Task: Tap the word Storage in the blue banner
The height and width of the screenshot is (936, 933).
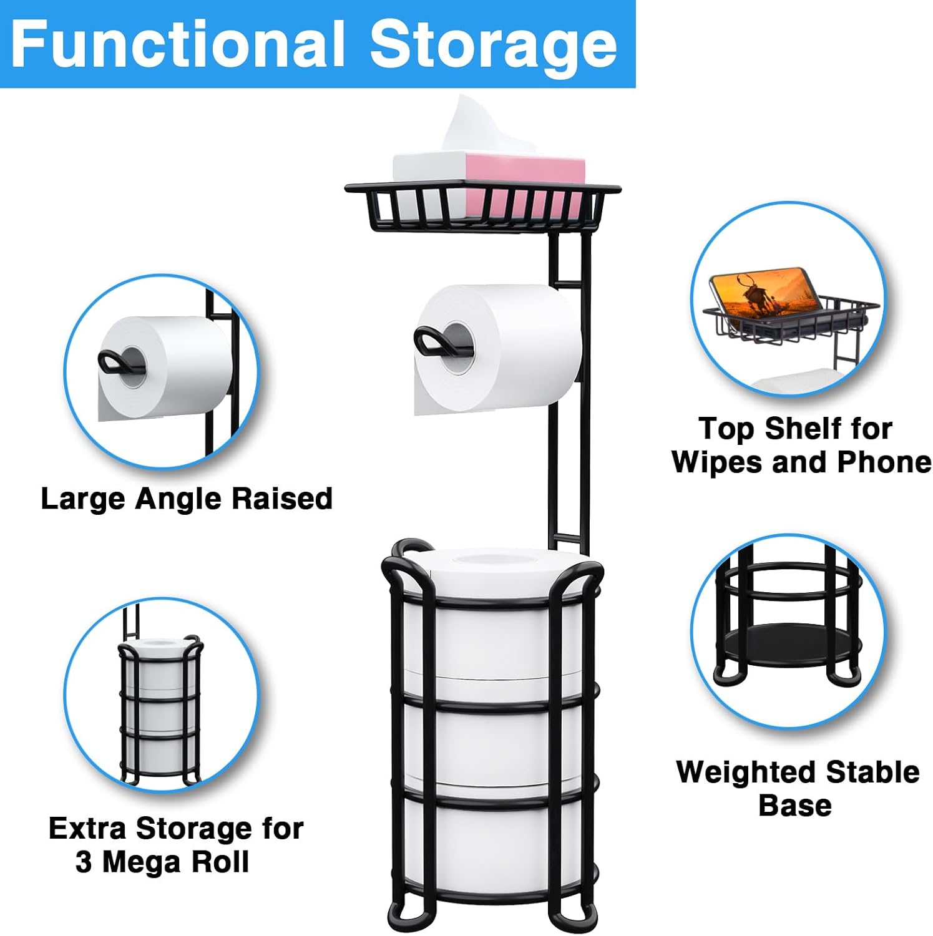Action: tap(494, 45)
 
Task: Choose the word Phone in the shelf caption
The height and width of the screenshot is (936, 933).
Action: tap(884, 462)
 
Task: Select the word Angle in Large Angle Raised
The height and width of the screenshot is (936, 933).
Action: tap(180, 499)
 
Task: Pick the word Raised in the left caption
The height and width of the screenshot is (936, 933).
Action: tap(281, 499)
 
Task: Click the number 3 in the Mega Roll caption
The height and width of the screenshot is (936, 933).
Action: tap(84, 862)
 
